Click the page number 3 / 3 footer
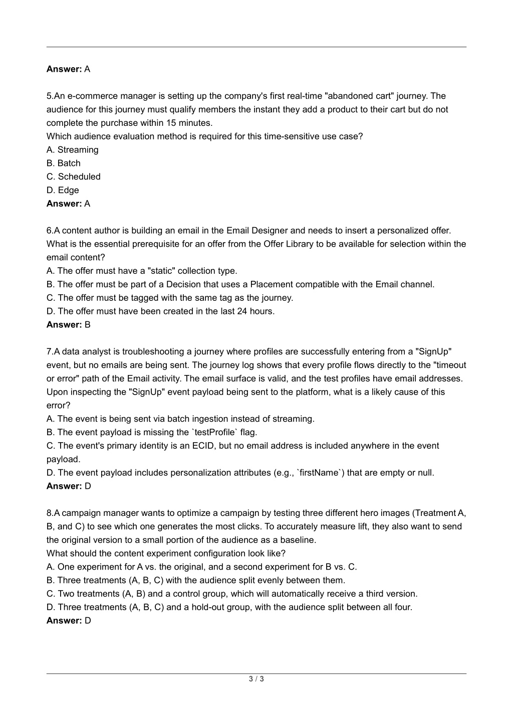point(256,679)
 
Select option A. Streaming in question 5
point(73,150)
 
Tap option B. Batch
point(64,163)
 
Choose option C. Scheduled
point(74,177)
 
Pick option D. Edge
point(63,191)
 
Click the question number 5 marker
point(49,96)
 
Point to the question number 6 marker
point(49,231)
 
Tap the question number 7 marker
point(49,352)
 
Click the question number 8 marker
point(49,513)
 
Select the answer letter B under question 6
point(88,325)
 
